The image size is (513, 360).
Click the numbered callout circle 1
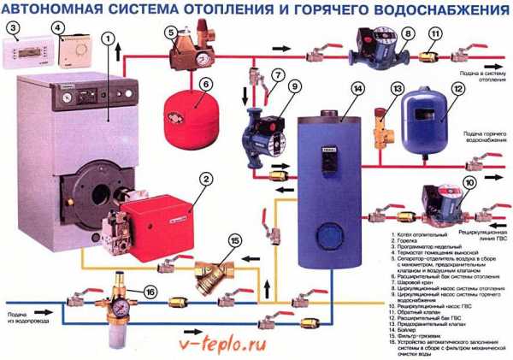pyautogui.click(x=106, y=38)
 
